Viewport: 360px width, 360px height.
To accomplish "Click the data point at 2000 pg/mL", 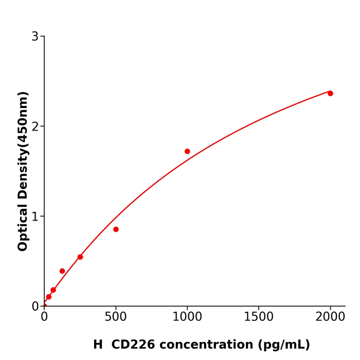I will pos(330,93).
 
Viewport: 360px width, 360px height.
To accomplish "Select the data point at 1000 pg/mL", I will pos(187,151).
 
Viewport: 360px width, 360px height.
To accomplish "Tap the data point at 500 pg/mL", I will pos(116,229).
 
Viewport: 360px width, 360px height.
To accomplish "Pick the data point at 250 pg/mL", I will pos(80,257).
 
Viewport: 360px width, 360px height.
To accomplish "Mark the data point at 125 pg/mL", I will pos(62,271).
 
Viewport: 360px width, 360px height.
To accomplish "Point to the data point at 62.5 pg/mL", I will pos(53,290).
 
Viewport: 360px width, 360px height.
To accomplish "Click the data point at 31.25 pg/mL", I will pos(49,297).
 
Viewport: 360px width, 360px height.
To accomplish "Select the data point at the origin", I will pos(44,306).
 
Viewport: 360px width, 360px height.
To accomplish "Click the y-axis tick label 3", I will pos(35,37).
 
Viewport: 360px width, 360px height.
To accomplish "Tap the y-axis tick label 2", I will pos(35,127).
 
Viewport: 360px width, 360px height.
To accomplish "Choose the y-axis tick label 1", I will pos(35,217).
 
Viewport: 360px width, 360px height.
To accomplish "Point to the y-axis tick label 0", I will pos(35,307).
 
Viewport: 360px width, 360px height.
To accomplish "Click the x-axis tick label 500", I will pos(116,317).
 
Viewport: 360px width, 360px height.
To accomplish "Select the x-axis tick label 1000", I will pos(187,317).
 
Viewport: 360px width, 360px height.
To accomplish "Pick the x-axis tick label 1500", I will pos(259,317).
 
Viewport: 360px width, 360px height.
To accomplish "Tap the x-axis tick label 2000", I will pos(330,317).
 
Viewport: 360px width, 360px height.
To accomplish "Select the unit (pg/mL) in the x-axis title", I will pos(284,345).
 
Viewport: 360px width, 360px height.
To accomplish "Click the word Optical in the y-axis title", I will pos(23,226).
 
